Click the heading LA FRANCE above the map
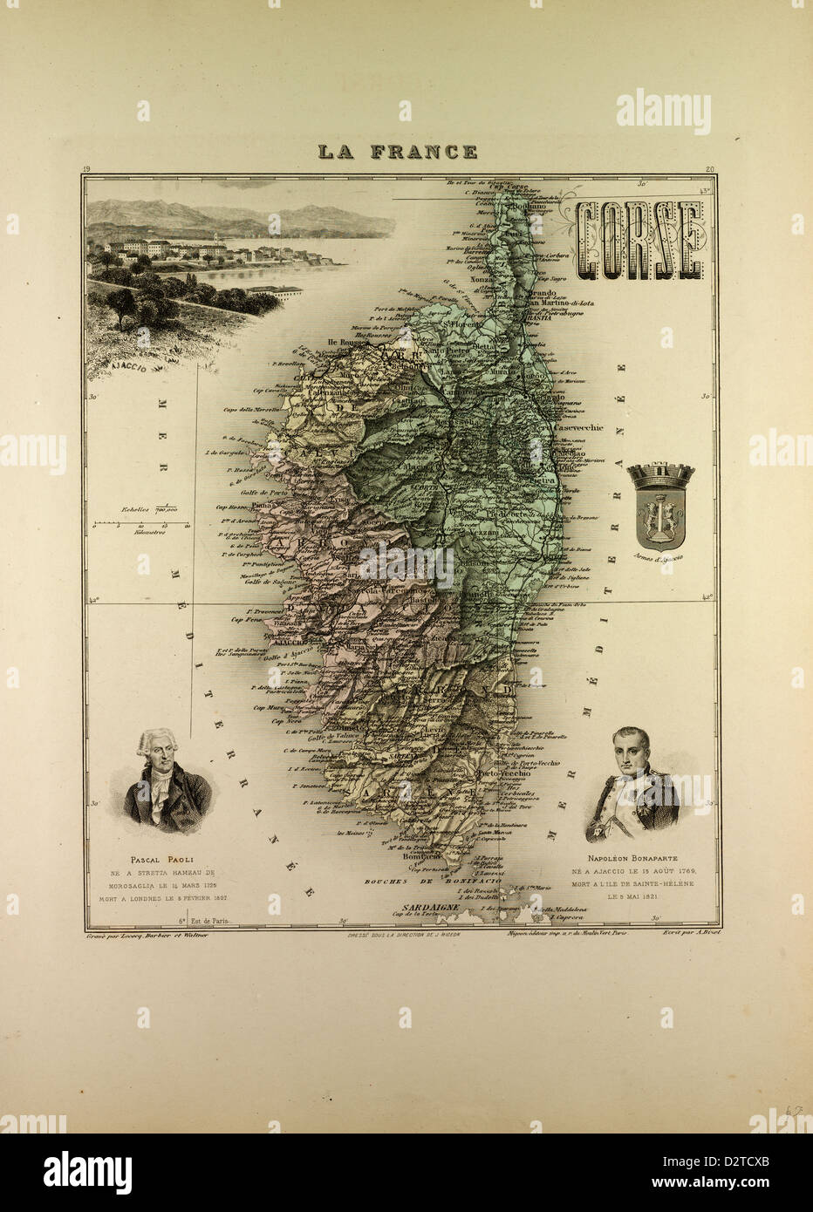[397, 152]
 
